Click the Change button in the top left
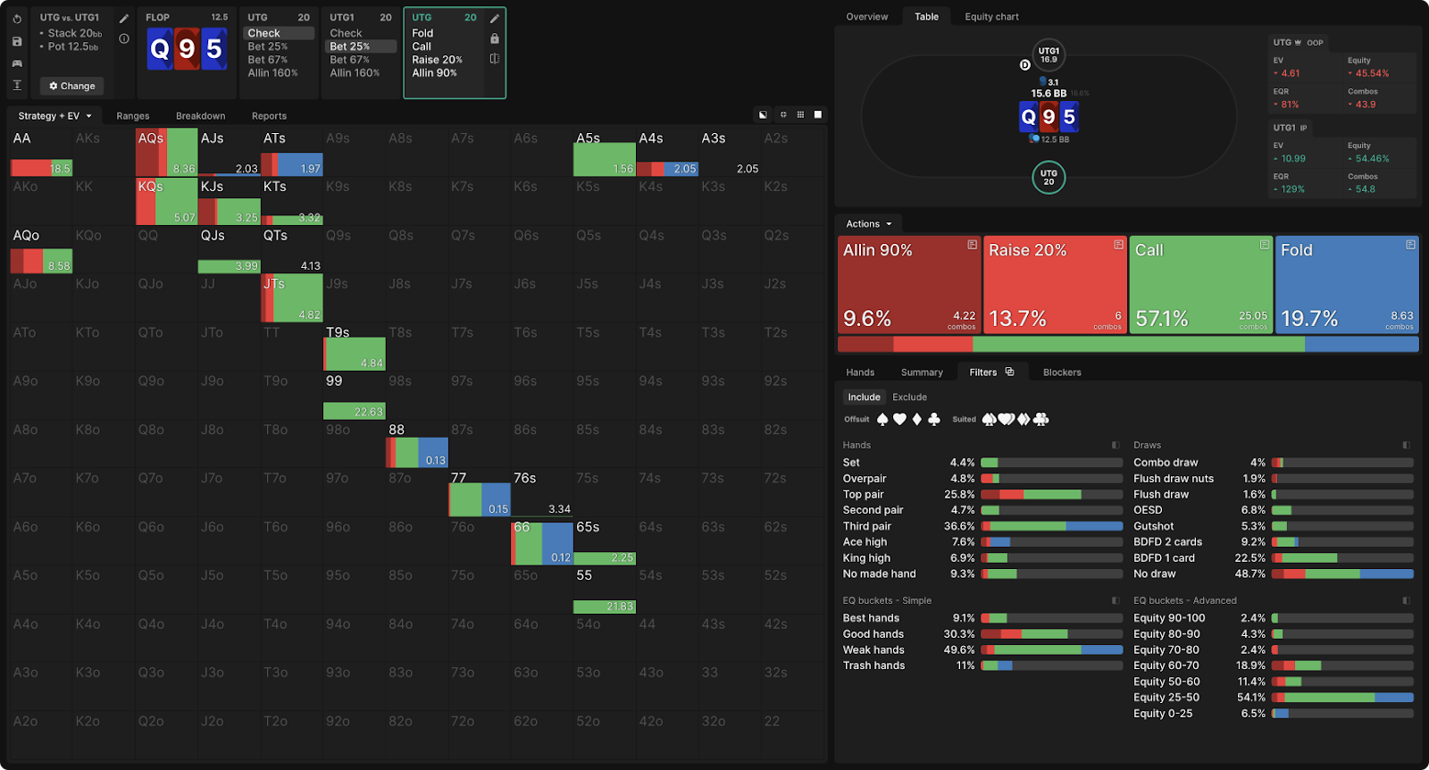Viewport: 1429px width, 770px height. pyautogui.click(x=72, y=86)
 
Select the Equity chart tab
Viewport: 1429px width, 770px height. pyautogui.click(x=991, y=17)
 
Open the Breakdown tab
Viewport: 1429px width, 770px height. pyautogui.click(x=200, y=116)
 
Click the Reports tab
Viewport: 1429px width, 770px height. pyautogui.click(x=269, y=116)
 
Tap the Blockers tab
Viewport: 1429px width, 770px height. pyautogui.click(x=1062, y=372)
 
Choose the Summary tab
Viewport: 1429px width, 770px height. pyautogui.click(x=922, y=372)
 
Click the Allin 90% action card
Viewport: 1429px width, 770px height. pyautogui.click(x=909, y=284)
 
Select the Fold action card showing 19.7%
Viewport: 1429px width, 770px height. pyautogui.click(x=1347, y=284)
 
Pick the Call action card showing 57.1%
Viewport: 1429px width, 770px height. pyautogui.click(x=1200, y=284)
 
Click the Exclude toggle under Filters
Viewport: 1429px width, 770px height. pyautogui.click(x=909, y=398)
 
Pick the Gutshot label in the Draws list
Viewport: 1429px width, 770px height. pyautogui.click(x=1154, y=526)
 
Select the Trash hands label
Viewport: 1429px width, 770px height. pyautogui.click(x=873, y=665)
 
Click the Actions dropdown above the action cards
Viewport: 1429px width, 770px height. pyautogui.click(x=868, y=224)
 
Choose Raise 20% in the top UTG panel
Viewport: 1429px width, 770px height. pyautogui.click(x=437, y=60)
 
